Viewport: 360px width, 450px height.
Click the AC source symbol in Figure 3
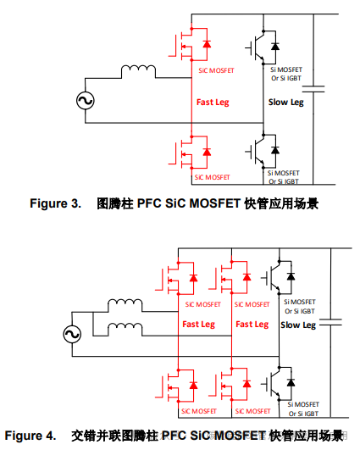86,101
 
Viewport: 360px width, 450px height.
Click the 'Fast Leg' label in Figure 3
213,102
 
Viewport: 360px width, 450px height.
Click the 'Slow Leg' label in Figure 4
296,325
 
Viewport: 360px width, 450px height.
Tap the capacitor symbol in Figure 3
314,88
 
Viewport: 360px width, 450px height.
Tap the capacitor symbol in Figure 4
332,322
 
